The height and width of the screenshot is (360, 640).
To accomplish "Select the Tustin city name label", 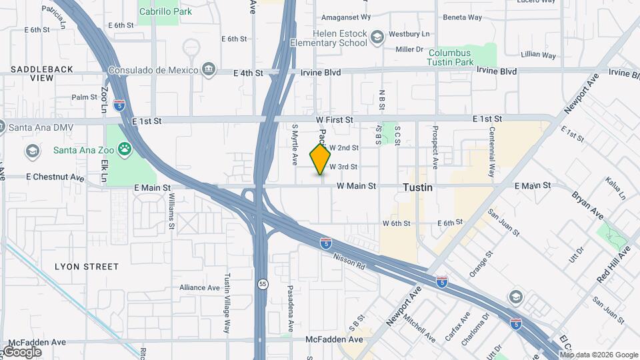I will (417, 188).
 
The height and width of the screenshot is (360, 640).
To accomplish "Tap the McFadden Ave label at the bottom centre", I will (334, 339).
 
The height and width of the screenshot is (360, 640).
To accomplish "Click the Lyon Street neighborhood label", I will (86, 267).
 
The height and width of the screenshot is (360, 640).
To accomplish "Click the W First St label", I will (334, 119).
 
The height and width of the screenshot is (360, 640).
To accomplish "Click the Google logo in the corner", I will (22, 351).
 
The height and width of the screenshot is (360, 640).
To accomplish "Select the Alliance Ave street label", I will (199, 287).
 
